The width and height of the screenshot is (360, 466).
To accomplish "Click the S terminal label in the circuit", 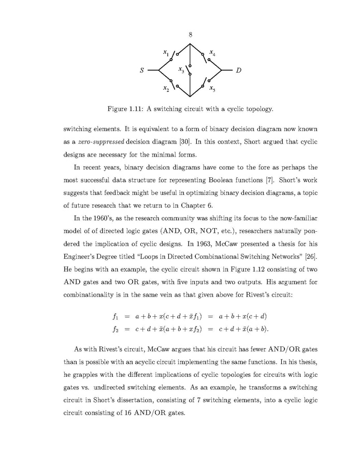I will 142,70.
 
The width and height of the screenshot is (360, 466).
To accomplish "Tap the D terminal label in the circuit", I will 237,70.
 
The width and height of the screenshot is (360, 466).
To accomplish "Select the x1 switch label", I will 165,52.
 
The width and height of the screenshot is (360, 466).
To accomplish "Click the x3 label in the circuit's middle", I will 181,69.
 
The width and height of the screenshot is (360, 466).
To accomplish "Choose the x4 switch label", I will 213,53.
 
